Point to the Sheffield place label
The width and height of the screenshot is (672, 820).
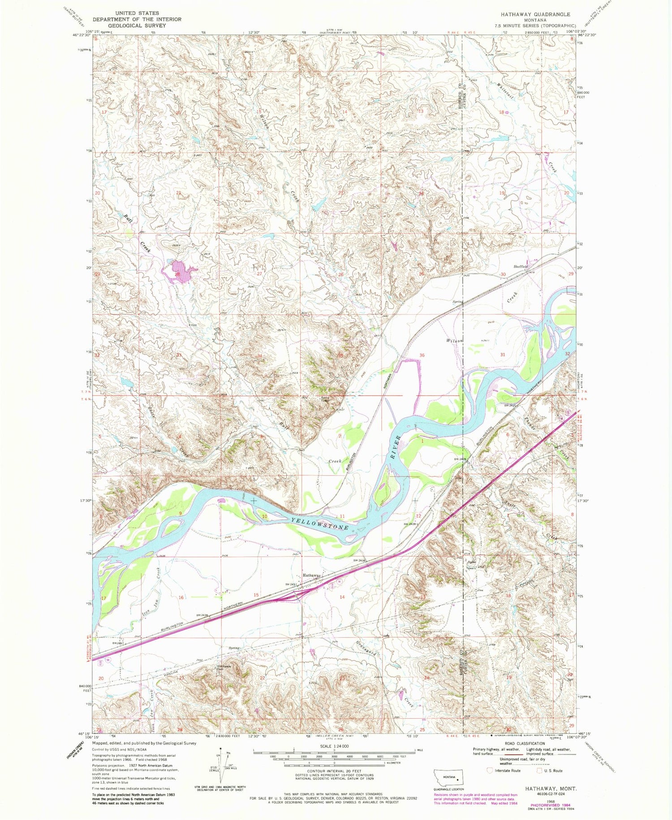point(521,266)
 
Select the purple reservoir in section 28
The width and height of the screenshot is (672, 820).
point(179,272)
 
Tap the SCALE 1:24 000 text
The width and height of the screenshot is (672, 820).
point(334,746)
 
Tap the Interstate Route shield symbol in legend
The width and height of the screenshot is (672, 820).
point(490,771)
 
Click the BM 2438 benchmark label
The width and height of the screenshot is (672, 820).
point(360,561)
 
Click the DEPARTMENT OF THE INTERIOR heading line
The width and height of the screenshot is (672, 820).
point(137,19)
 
